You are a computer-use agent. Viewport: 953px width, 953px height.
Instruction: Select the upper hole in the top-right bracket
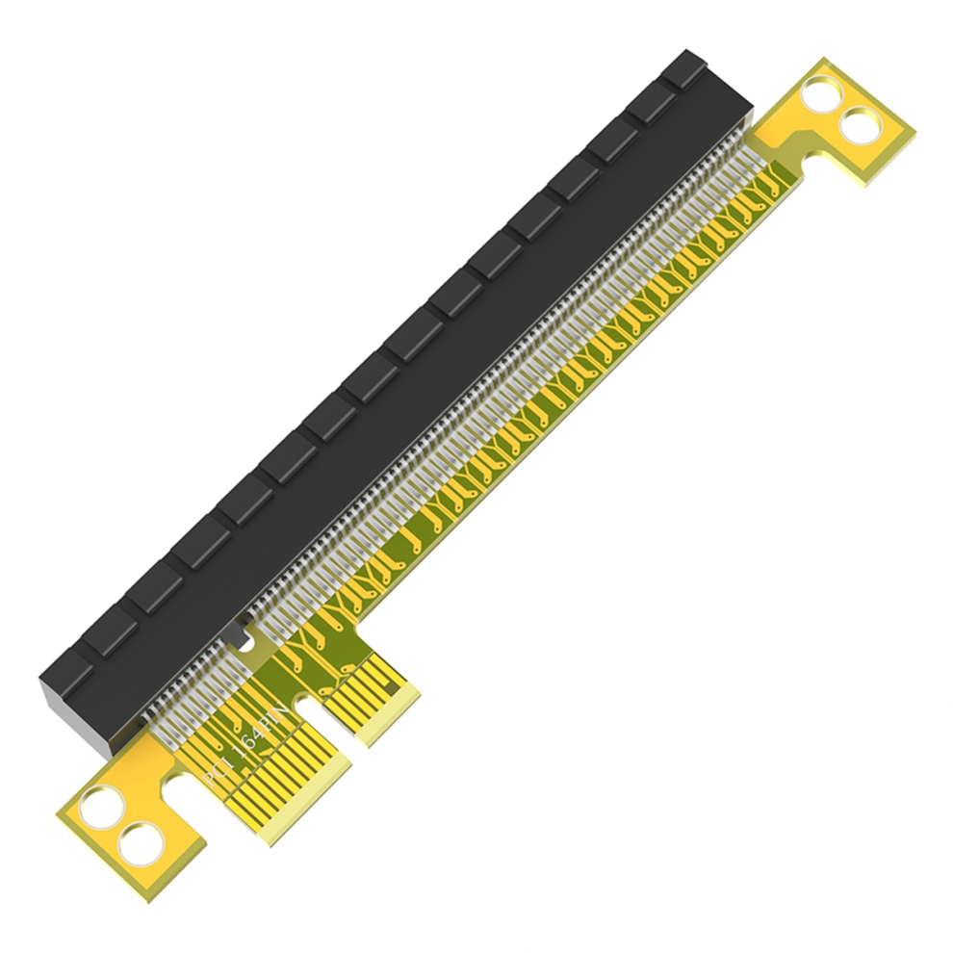tap(821, 93)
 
